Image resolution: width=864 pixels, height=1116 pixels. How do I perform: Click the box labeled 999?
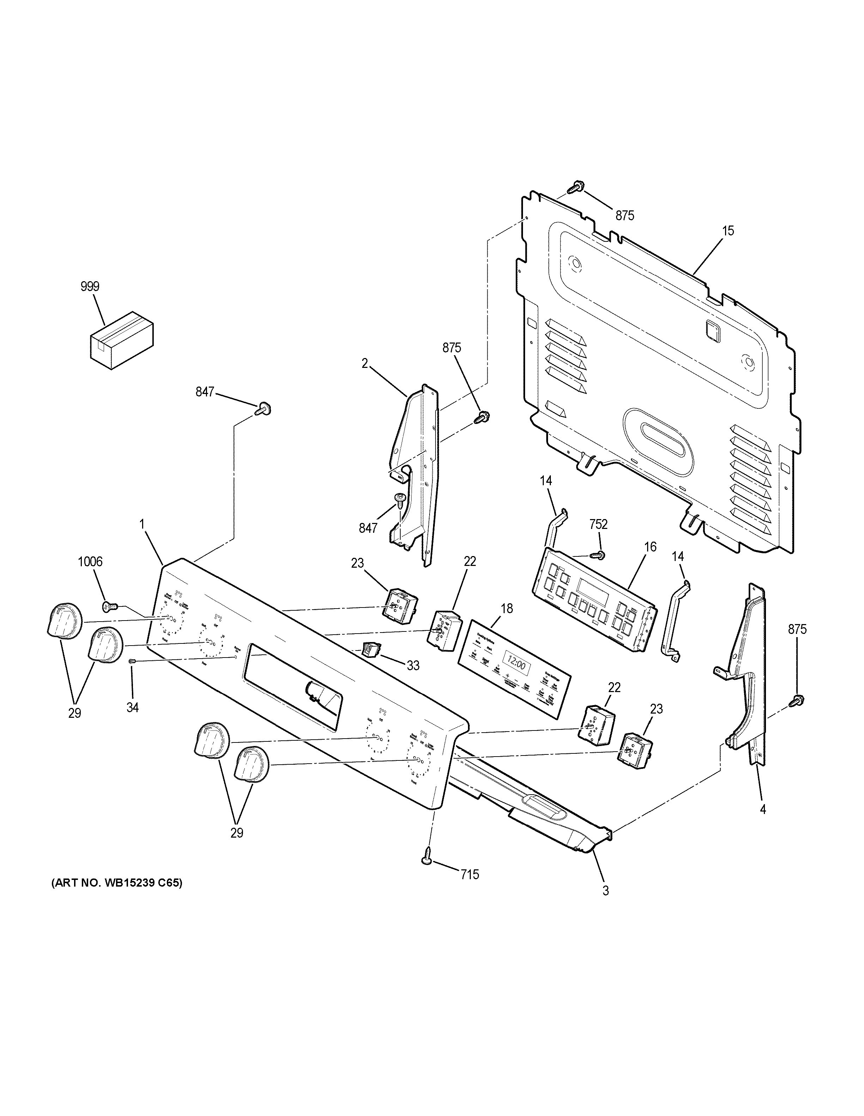[x=122, y=339]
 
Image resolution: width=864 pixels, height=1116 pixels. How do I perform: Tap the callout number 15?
[x=728, y=231]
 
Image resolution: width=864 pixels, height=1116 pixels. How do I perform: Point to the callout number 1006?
[x=90, y=562]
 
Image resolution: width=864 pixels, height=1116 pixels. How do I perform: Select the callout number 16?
[x=650, y=547]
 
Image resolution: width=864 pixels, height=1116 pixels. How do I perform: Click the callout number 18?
[x=507, y=609]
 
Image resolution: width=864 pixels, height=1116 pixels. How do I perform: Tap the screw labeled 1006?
[x=108, y=606]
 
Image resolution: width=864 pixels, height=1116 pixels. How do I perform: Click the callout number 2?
[x=365, y=363]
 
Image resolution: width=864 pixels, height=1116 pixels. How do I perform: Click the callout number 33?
[x=413, y=665]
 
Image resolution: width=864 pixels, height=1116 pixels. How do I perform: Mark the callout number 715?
[x=469, y=875]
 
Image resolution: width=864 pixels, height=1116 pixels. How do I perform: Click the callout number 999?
[x=90, y=287]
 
